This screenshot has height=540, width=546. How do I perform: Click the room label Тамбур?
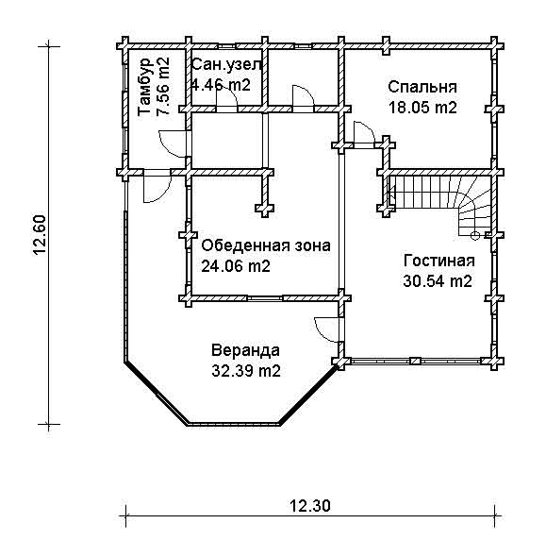[x=144, y=87]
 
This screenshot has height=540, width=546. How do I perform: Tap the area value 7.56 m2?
[x=163, y=86]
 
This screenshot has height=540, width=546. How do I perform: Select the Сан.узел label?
[x=226, y=64]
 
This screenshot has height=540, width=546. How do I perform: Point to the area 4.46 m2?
[x=222, y=85]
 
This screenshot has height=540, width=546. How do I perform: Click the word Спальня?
[x=422, y=87]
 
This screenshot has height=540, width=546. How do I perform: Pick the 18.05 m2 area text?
[x=422, y=108]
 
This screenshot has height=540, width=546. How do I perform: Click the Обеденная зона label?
[x=266, y=245]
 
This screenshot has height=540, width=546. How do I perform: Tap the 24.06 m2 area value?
[x=236, y=266]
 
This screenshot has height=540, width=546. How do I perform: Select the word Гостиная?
[x=439, y=261]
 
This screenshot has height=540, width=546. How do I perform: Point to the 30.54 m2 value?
[x=438, y=281]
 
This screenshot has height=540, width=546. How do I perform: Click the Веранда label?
[x=245, y=350]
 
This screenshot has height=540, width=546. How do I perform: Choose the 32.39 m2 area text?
[x=246, y=371]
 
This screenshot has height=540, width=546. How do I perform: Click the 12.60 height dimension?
[x=40, y=235]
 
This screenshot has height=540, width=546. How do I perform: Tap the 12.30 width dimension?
[x=309, y=505]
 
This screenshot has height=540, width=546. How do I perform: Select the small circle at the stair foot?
[x=474, y=236]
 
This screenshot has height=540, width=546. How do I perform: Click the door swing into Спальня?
[x=364, y=132]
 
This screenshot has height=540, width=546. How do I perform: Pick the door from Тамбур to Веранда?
[x=157, y=186]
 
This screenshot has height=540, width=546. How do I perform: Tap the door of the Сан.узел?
[x=226, y=96]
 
